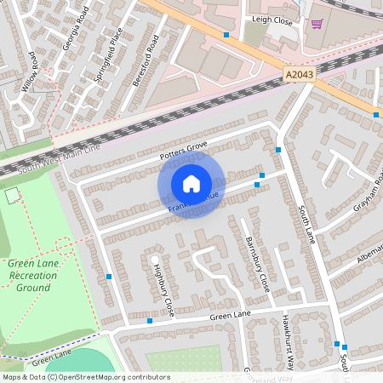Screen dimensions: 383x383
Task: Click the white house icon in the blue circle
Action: tap(191, 183)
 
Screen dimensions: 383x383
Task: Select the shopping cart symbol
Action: tap(317, 25)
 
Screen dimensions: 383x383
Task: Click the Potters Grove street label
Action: tap(184, 151)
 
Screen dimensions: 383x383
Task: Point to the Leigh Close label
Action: tap(272, 18)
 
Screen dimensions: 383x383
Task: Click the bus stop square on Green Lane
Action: tap(150, 321)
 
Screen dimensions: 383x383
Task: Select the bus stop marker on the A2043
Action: tap(226, 35)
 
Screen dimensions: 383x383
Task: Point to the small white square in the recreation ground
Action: tap(11, 197)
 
